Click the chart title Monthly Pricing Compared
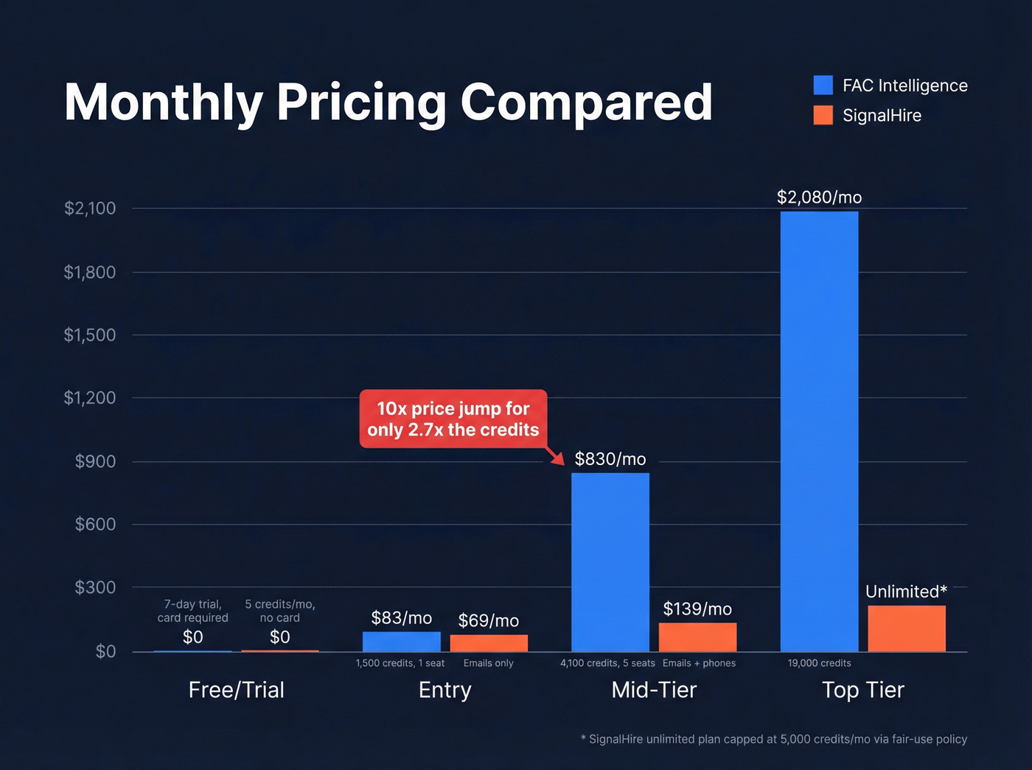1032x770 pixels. click(388, 102)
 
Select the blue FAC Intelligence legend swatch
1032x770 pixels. click(823, 85)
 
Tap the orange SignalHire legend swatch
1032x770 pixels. click(823, 116)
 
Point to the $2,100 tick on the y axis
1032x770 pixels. click(90, 209)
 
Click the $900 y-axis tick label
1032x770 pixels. click(95, 461)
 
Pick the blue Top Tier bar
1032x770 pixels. click(819, 431)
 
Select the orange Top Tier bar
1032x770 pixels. click(906, 629)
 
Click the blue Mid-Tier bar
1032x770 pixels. click(610, 561)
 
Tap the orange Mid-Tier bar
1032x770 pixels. click(697, 637)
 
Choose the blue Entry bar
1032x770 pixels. click(401, 642)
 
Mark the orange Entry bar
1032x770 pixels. click(489, 643)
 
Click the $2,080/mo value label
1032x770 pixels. click(819, 197)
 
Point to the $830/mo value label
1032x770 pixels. click(610, 459)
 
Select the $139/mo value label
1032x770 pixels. click(697, 609)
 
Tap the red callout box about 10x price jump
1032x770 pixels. click(453, 419)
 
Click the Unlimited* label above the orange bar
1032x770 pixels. click(906, 592)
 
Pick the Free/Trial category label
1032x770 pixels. click(236, 690)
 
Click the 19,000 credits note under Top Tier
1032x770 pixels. click(819, 663)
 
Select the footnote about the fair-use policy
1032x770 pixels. click(773, 739)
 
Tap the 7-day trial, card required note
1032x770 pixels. click(192, 611)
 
